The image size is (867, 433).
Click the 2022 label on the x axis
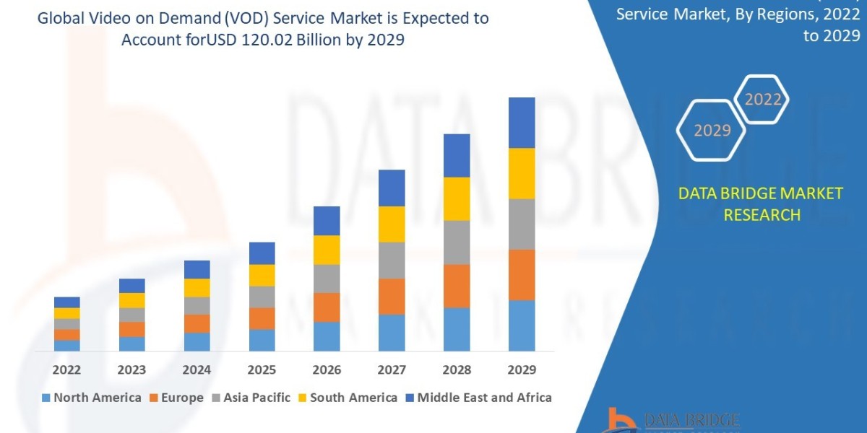pyautogui.click(x=66, y=370)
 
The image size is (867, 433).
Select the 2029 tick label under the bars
pyautogui.click(x=522, y=370)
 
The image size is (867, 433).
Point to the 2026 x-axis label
pyautogui.click(x=327, y=370)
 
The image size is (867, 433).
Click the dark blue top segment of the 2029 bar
pyautogui.click(x=522, y=123)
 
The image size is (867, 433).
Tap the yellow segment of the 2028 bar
pyautogui.click(x=457, y=198)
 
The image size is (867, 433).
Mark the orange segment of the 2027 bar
pyautogui.click(x=392, y=296)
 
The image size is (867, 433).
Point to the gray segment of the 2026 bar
pyautogui.click(x=327, y=279)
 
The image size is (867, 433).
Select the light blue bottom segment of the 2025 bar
pyautogui.click(x=262, y=340)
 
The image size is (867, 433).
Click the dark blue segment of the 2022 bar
pyautogui.click(x=66, y=302)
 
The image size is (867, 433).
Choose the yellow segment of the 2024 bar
pyautogui.click(x=197, y=287)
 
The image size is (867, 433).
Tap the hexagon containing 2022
pyautogui.click(x=762, y=100)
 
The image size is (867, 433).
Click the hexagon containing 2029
pyautogui.click(x=712, y=131)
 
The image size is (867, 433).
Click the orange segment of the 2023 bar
pyautogui.click(x=131, y=329)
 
